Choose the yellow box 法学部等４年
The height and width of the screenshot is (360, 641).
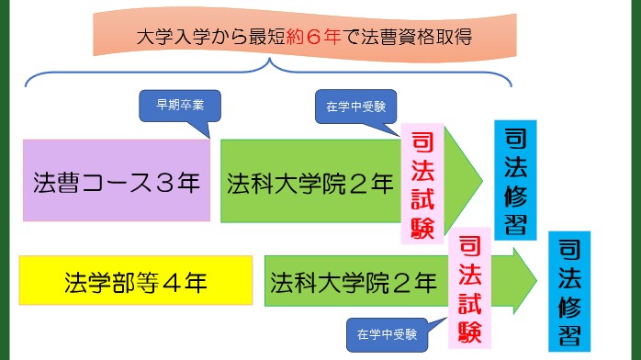135,282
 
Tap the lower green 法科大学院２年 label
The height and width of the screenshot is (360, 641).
354,282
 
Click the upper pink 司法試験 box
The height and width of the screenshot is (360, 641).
422,185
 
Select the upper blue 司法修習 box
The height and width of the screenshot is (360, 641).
516,180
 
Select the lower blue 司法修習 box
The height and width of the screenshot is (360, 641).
568,289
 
